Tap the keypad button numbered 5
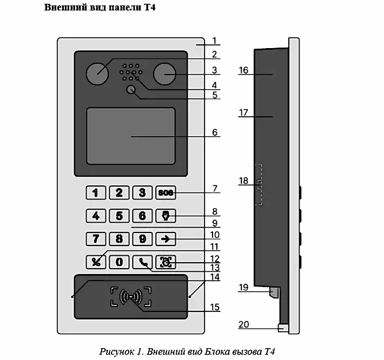(120, 216)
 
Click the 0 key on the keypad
(120, 262)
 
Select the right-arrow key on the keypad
(165, 238)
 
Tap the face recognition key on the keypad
(165, 262)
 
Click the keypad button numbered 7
(96, 238)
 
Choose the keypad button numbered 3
(142, 192)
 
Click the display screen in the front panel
(131, 136)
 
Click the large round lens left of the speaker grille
(97, 73)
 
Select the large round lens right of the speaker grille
(164, 73)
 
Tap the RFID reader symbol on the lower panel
(131, 296)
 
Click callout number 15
(215, 307)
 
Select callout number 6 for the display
(215, 132)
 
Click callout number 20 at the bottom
(244, 325)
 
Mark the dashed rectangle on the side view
(259, 184)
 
